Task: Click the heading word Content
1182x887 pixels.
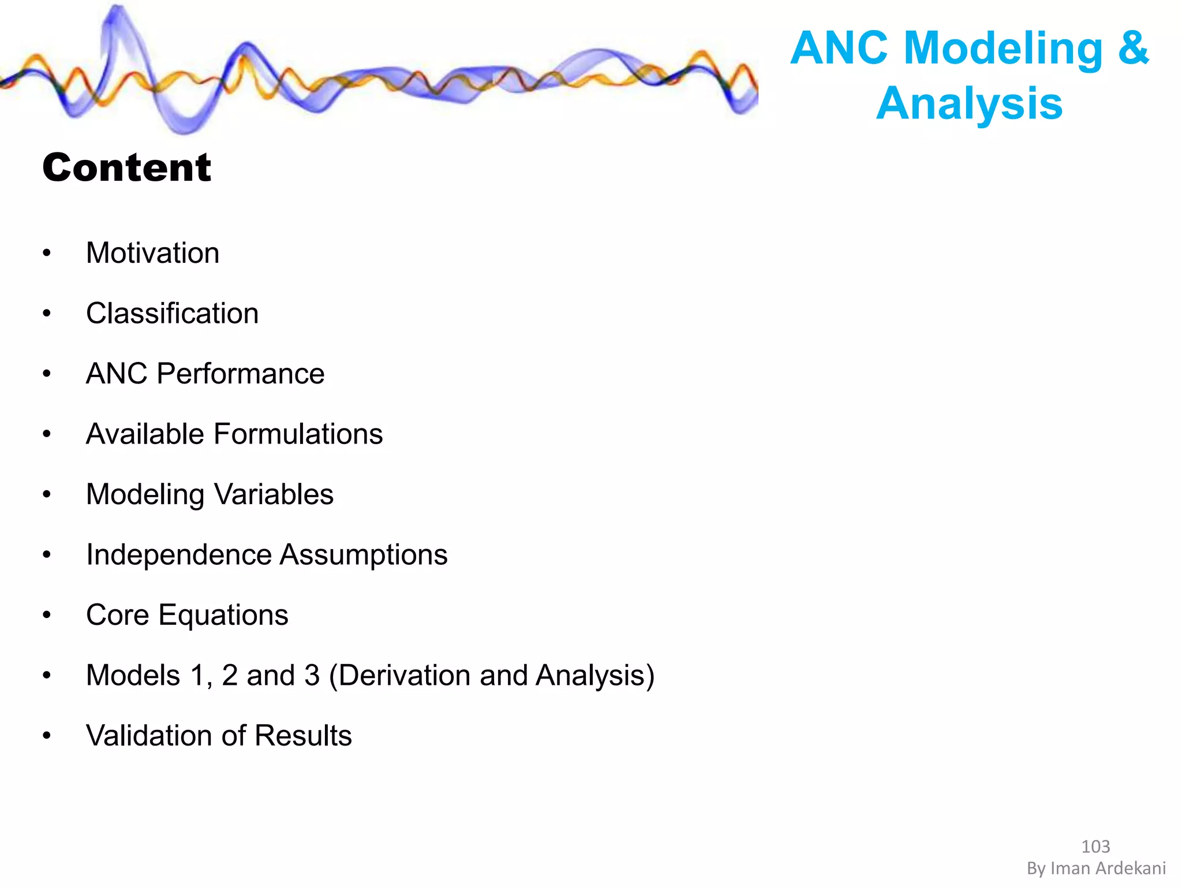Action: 127,167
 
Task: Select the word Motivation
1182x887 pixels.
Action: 152,253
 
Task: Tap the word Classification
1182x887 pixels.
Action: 172,314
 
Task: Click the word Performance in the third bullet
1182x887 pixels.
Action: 240,374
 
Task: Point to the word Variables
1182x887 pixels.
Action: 274,494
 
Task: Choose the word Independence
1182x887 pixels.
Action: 178,555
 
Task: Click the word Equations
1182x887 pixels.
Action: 223,615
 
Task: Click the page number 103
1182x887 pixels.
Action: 1095,847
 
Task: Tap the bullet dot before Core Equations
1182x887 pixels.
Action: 47,615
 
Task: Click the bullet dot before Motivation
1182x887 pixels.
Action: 47,253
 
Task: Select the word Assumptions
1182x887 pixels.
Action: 364,555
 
